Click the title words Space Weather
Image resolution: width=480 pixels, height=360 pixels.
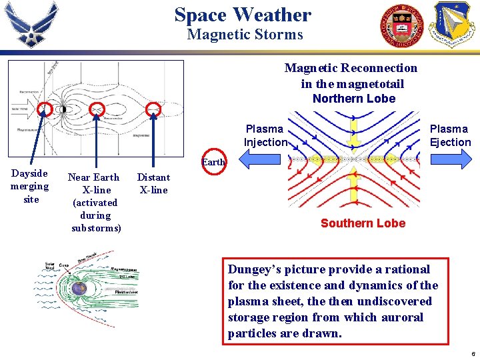coord(243,15)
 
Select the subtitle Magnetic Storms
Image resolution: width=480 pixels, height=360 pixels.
coord(245,35)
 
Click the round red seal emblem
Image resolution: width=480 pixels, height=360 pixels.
coord(401,25)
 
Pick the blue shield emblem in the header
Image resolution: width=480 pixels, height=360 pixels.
coord(454,24)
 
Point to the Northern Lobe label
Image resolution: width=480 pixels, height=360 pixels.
coord(353,99)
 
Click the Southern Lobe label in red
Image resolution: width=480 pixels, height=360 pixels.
coord(363,223)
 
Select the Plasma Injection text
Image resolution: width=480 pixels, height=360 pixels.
coord(265,135)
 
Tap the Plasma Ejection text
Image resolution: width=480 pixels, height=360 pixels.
coord(449,135)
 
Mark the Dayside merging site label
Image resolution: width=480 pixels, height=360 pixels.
coord(29,186)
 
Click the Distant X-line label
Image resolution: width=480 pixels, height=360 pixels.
coord(153,183)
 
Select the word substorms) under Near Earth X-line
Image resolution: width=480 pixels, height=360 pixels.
coord(96,228)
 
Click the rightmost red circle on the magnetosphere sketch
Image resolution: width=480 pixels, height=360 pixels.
coord(153,109)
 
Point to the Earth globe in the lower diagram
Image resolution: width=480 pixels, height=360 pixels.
coord(79,289)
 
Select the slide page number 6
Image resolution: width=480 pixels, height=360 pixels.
coord(473,352)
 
